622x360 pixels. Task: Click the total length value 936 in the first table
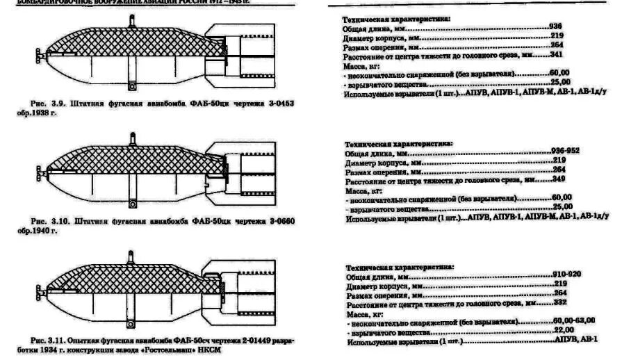(x=555, y=26)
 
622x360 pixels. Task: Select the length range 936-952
(x=564, y=151)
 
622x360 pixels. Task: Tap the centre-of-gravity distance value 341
(x=555, y=54)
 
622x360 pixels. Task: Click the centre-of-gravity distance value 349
(x=557, y=179)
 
